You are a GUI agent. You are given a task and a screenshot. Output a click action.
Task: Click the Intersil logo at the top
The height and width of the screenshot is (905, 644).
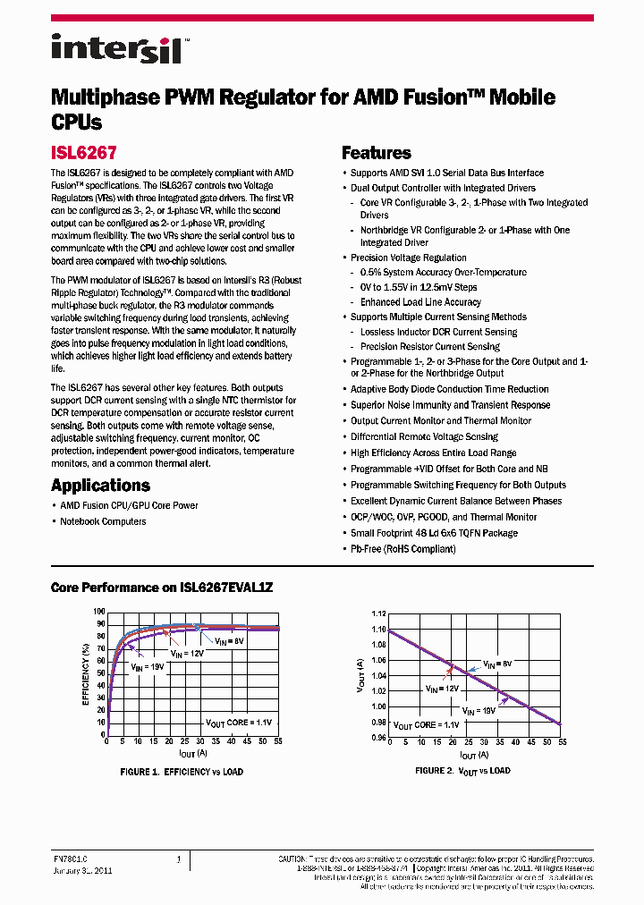pos(116,47)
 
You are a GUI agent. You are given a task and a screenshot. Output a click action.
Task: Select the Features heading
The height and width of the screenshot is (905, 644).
pos(377,153)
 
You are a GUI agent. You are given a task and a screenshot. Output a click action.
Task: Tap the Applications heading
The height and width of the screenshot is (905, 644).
pos(100,486)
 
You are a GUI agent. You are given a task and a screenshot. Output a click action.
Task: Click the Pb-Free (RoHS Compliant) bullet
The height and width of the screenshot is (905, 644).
pos(402,548)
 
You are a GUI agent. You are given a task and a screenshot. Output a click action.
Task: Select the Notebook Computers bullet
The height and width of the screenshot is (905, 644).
pos(103,521)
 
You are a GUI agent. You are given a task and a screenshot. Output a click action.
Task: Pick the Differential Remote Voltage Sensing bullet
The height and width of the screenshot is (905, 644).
pos(424,436)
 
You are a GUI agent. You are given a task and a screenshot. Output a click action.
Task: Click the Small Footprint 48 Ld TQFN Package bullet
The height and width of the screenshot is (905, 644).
pos(434,532)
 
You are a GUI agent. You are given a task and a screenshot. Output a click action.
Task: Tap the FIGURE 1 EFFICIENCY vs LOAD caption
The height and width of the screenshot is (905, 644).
pos(182,771)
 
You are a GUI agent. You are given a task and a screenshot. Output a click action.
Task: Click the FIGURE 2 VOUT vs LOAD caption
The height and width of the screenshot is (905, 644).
pos(462,770)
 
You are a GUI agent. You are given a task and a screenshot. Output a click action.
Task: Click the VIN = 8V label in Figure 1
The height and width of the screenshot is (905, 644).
pos(230,641)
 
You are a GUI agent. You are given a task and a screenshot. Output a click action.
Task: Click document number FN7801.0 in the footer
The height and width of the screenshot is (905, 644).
pos(70,859)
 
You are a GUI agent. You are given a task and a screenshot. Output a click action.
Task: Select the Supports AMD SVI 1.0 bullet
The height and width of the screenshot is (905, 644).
pos(446,173)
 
